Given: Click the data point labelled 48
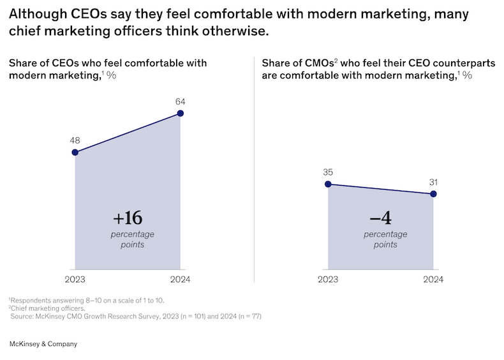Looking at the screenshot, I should (x=75, y=153).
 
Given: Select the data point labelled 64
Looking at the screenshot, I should (x=181, y=114).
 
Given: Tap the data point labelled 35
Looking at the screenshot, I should (x=328, y=184).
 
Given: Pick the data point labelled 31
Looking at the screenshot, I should (x=434, y=193).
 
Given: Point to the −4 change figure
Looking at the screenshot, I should (x=381, y=218).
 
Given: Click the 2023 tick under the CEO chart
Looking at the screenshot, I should (x=75, y=280).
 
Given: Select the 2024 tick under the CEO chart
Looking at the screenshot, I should (x=181, y=280).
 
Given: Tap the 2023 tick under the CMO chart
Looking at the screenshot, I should (x=328, y=280).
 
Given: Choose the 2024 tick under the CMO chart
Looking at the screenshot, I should (x=434, y=280).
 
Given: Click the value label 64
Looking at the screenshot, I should (x=180, y=101).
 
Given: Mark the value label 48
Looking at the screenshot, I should (x=75, y=140).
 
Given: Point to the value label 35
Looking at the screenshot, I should (x=328, y=172).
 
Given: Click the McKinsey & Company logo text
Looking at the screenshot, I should (x=43, y=344).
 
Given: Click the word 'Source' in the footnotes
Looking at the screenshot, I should (x=25, y=316).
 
